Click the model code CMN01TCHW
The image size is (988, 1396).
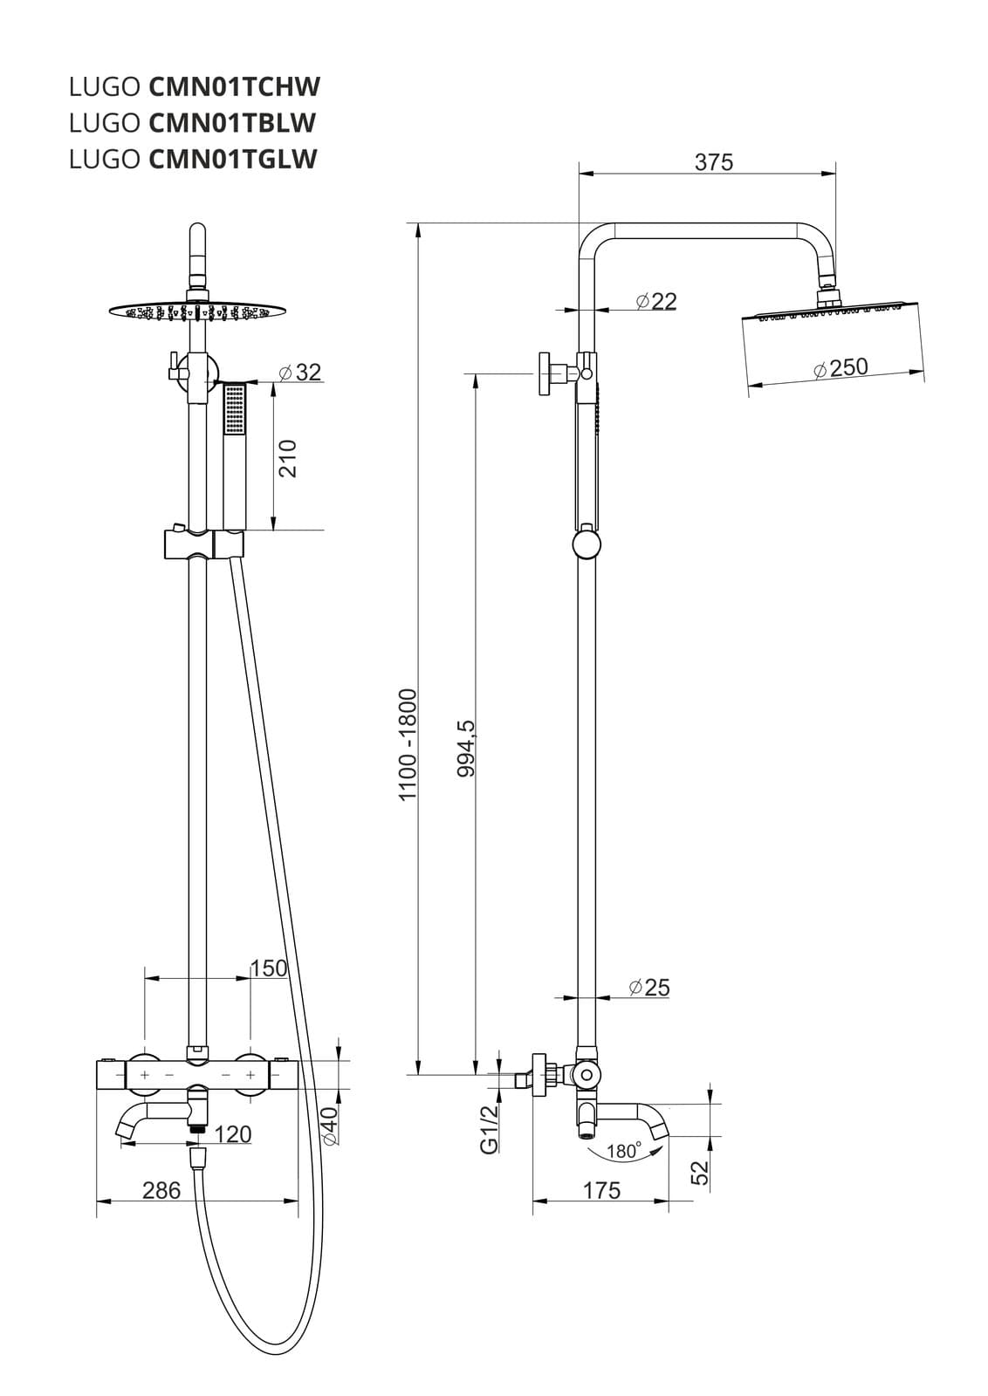point(235,86)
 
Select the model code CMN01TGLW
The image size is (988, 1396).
point(233,159)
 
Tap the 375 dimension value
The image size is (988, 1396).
point(713,162)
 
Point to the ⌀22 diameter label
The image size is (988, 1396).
point(656,301)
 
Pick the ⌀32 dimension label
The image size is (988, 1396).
point(299,372)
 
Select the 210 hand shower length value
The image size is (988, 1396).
point(287,458)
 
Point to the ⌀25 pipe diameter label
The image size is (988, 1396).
point(648,987)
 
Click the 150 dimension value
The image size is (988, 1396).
point(269,968)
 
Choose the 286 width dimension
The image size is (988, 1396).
point(161,1190)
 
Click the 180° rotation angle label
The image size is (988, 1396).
point(624,1151)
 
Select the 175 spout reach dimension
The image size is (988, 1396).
point(601,1190)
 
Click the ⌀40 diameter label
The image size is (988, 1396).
point(329,1126)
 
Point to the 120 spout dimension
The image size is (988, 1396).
point(232,1134)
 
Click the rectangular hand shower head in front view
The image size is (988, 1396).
point(235,410)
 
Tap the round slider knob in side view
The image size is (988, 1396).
point(587,545)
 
